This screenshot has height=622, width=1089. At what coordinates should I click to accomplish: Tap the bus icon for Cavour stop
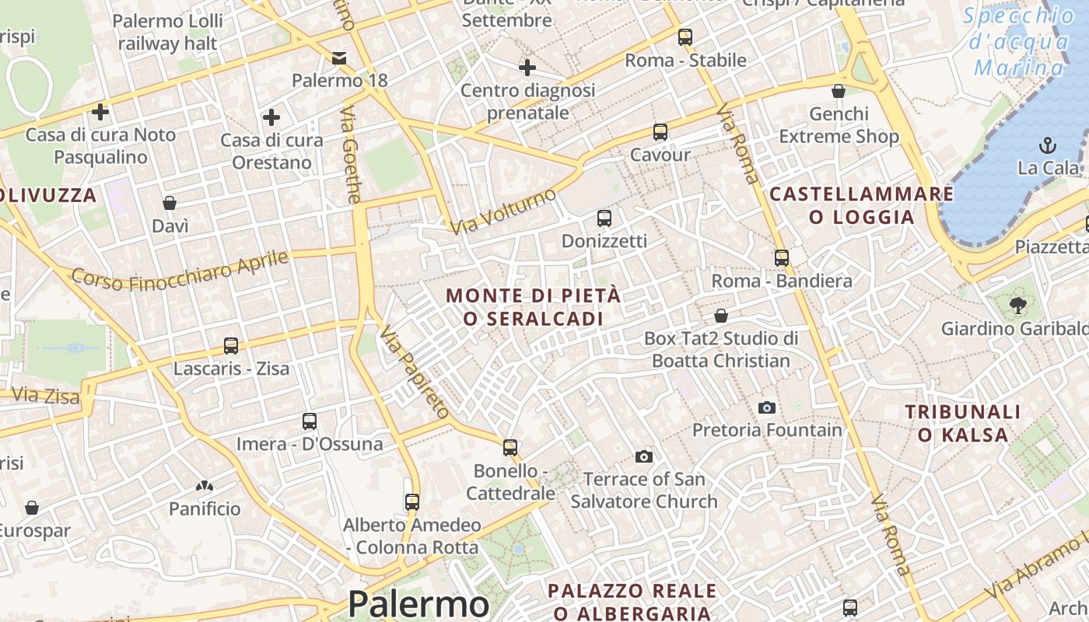[x=660, y=132]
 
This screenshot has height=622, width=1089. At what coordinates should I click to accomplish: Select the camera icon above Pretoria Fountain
[x=767, y=407]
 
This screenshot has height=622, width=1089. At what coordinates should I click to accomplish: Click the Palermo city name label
[x=418, y=604]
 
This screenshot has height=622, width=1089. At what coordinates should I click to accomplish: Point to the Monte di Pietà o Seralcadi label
[x=534, y=307]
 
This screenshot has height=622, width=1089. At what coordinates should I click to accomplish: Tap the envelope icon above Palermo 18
[x=339, y=58]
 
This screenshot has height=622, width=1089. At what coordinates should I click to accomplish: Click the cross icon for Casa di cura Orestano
[x=271, y=117]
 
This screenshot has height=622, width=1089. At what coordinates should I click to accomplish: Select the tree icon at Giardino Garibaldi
[x=1017, y=306]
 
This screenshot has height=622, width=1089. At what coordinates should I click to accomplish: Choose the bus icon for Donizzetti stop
[x=604, y=218]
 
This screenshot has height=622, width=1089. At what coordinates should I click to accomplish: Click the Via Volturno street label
[x=504, y=210]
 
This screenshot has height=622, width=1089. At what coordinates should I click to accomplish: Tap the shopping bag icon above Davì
[x=170, y=204]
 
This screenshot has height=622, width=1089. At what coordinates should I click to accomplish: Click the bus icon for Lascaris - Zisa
[x=231, y=346]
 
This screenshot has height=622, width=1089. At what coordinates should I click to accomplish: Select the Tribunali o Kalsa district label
[x=962, y=423]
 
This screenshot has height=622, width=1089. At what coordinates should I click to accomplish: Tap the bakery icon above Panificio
[x=205, y=487]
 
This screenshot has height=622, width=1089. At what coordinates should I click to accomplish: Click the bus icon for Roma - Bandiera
[x=782, y=258]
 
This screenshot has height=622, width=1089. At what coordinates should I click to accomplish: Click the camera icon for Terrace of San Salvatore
[x=644, y=456]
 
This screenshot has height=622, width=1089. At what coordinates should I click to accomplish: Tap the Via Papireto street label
[x=415, y=372]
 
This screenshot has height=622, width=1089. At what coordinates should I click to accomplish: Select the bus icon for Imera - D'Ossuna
[x=310, y=421]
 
